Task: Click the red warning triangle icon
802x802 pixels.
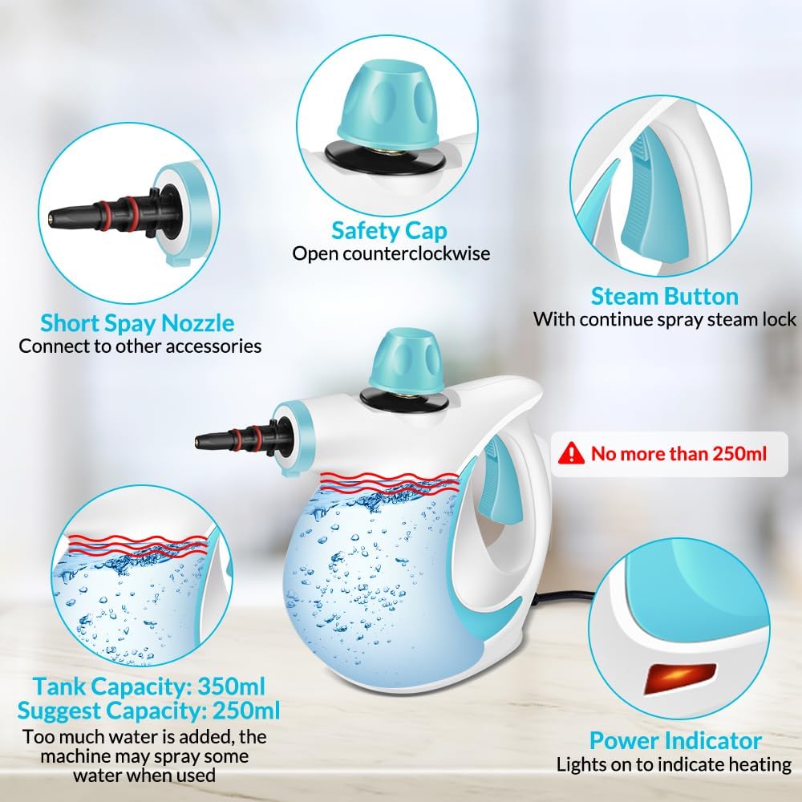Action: pyautogui.click(x=571, y=453)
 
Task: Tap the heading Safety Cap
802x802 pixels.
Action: pyautogui.click(x=389, y=231)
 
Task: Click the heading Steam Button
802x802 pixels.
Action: pyautogui.click(x=664, y=296)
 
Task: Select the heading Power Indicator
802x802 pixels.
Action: pyautogui.click(x=675, y=740)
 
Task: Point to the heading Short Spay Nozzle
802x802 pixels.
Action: pyautogui.click(x=137, y=323)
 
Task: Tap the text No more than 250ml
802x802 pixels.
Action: pyautogui.click(x=678, y=454)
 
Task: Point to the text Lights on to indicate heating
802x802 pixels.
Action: pyautogui.click(x=674, y=764)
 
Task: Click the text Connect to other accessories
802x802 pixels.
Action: pyautogui.click(x=140, y=346)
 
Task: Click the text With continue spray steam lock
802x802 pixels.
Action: pyautogui.click(x=664, y=320)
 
